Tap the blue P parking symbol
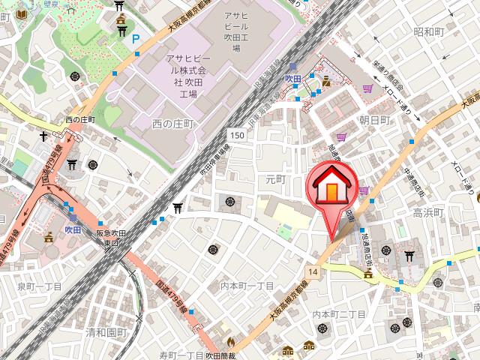point(135,40)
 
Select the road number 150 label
point(237,134)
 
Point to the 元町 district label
point(276,179)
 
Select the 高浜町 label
point(428,213)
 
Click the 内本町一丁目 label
point(247,286)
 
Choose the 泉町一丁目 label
point(37,286)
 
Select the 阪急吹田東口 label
point(109,237)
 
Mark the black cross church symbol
point(44,136)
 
